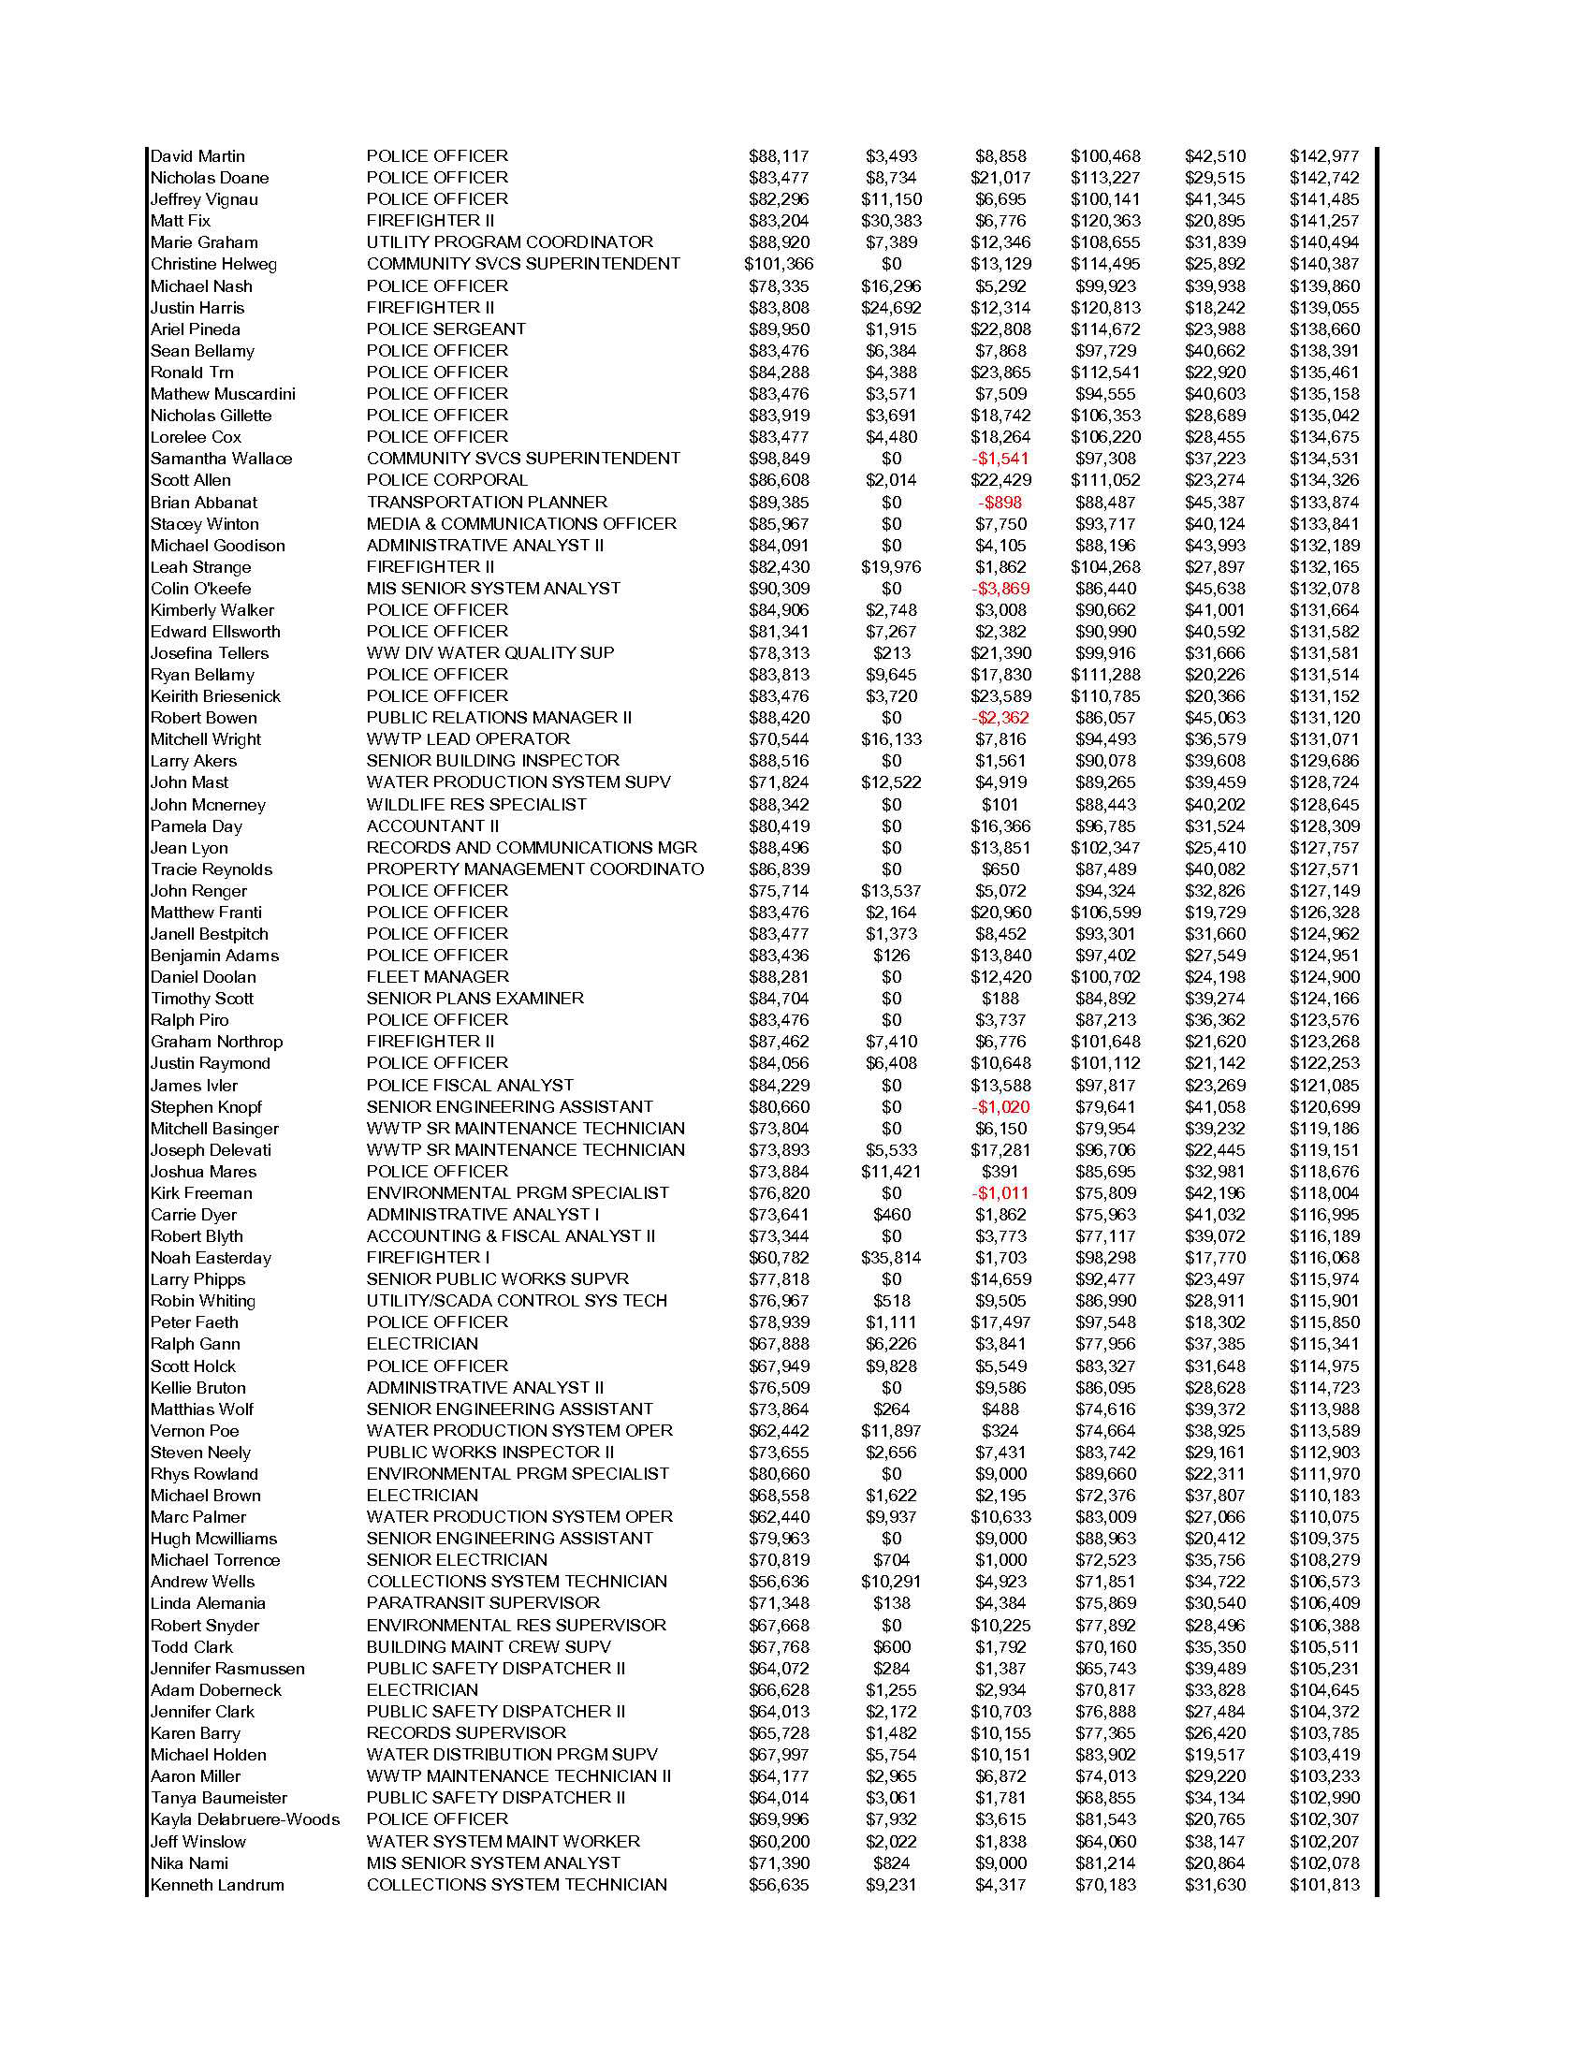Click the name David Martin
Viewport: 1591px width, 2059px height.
197,156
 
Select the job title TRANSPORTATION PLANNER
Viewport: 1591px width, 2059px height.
487,503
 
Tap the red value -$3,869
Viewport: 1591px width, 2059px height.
1000,589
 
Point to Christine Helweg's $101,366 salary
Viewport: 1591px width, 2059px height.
779,264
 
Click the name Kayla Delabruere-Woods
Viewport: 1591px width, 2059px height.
245,1819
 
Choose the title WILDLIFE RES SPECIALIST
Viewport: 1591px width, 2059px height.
476,804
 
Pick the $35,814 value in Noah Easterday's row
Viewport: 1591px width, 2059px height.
891,1258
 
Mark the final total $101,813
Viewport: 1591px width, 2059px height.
1324,1885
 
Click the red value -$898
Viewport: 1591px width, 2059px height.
1000,503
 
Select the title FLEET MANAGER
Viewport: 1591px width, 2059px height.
437,977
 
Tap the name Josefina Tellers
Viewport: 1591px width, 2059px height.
210,653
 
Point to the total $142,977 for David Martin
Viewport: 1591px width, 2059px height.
1324,156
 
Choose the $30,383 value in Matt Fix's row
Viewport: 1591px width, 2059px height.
891,221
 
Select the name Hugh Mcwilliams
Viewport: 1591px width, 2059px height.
214,1539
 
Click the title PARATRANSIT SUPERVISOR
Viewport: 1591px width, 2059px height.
483,1602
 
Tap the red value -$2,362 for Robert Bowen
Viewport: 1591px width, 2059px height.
1000,718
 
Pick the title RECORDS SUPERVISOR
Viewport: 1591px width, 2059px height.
467,1732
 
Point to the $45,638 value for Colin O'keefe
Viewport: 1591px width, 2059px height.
1215,589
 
